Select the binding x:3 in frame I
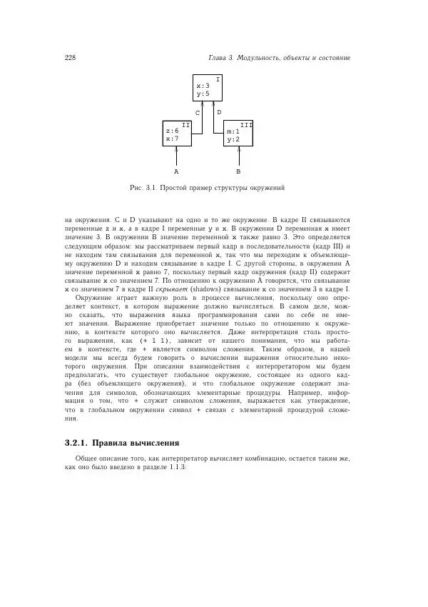(203, 86)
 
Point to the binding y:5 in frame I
(203, 94)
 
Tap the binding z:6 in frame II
(172, 131)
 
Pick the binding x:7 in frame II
(172, 139)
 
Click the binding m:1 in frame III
(233, 131)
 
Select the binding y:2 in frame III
(233, 139)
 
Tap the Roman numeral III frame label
(246, 124)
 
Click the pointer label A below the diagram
(176, 172)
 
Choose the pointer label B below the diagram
(238, 172)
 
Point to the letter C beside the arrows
(198, 113)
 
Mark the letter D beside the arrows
(219, 113)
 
